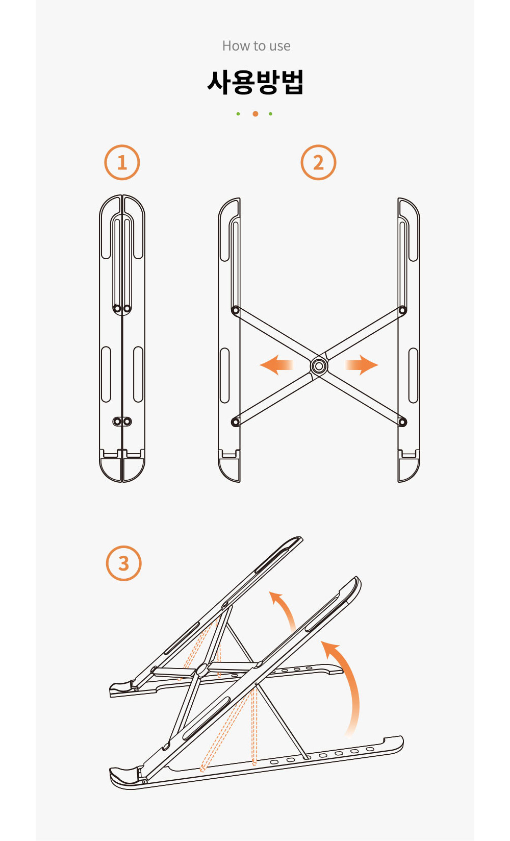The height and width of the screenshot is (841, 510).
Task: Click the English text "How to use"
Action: (256, 46)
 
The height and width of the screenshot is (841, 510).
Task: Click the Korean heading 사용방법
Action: (255, 82)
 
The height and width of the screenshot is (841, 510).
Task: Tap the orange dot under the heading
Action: (255, 114)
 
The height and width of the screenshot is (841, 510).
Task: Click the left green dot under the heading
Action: (238, 114)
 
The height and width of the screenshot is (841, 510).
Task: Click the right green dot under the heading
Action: (271, 114)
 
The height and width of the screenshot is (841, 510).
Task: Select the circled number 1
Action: (122, 162)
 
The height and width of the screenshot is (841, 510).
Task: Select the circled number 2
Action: (318, 162)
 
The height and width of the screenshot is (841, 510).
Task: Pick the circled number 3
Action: (124, 563)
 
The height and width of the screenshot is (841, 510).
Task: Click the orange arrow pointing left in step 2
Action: (276, 365)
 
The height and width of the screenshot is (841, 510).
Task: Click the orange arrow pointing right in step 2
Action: (362, 365)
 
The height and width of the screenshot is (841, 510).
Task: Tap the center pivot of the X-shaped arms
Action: (319, 366)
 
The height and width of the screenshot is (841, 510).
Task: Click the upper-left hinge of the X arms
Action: (235, 310)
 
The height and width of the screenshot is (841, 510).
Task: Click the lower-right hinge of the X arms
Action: (402, 422)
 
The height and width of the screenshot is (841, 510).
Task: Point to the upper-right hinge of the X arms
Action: (402, 310)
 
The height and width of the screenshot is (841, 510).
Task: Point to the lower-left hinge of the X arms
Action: (235, 422)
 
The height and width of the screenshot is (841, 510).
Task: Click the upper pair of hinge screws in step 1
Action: (122, 309)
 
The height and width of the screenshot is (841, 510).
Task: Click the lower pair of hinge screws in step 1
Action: (122, 422)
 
